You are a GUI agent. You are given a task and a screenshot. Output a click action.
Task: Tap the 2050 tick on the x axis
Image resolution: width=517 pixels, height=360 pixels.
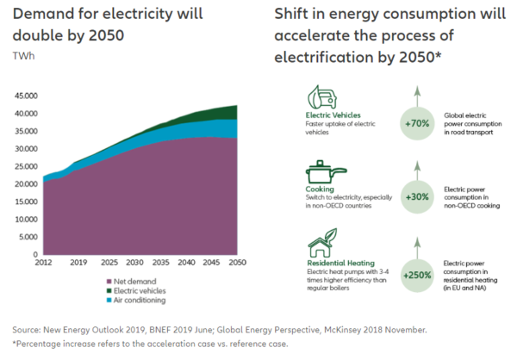click(239, 263)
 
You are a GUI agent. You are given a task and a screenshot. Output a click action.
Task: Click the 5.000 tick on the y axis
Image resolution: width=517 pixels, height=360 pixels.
click(27, 238)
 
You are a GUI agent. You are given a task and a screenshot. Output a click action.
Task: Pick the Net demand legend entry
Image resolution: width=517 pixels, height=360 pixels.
click(130, 281)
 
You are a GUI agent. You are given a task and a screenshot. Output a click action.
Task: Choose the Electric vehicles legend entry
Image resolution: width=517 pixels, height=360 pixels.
click(138, 290)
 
